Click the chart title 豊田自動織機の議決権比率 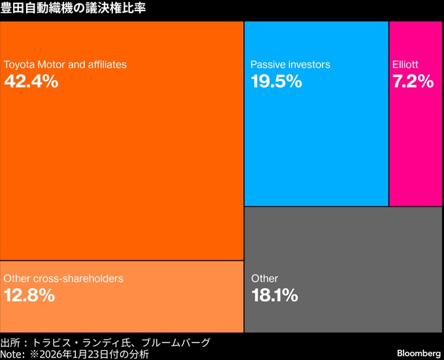(x=73, y=8)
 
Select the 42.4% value (x=31, y=82)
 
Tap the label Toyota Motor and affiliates (x=65, y=65)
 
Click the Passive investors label (x=291, y=65)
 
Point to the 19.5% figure (x=276, y=82)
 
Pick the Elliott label (x=405, y=65)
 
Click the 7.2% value (x=413, y=82)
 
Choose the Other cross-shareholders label (x=63, y=278)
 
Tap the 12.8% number (x=29, y=295)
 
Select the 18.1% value (x=275, y=295)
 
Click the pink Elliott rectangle (x=416, y=150)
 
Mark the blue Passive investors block (x=317, y=150)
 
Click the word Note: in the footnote (x=13, y=354)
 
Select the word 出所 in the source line (x=10, y=342)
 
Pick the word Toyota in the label (x=18, y=65)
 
